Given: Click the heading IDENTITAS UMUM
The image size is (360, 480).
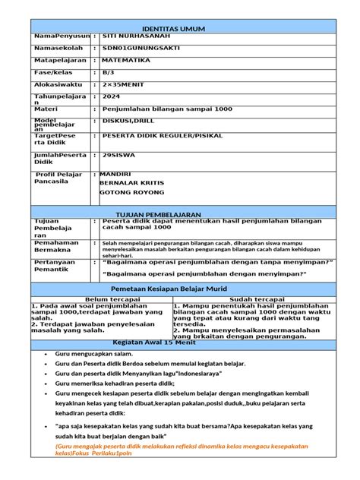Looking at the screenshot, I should click(180, 28).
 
